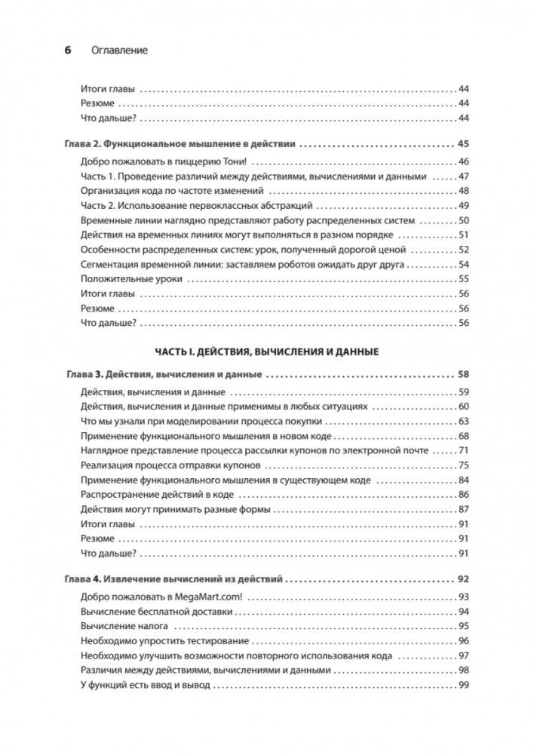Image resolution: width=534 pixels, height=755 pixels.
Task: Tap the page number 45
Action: tap(463, 143)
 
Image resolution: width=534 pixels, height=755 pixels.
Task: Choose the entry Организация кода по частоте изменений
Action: tap(175, 191)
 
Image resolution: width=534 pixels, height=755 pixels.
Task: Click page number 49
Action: tap(464, 206)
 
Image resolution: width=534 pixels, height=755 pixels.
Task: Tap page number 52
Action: tap(464, 250)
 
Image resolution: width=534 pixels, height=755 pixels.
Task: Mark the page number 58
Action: tap(463, 374)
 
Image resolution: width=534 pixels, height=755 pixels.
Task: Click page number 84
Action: tap(464, 480)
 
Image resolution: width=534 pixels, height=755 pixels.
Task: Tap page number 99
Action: tap(464, 686)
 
